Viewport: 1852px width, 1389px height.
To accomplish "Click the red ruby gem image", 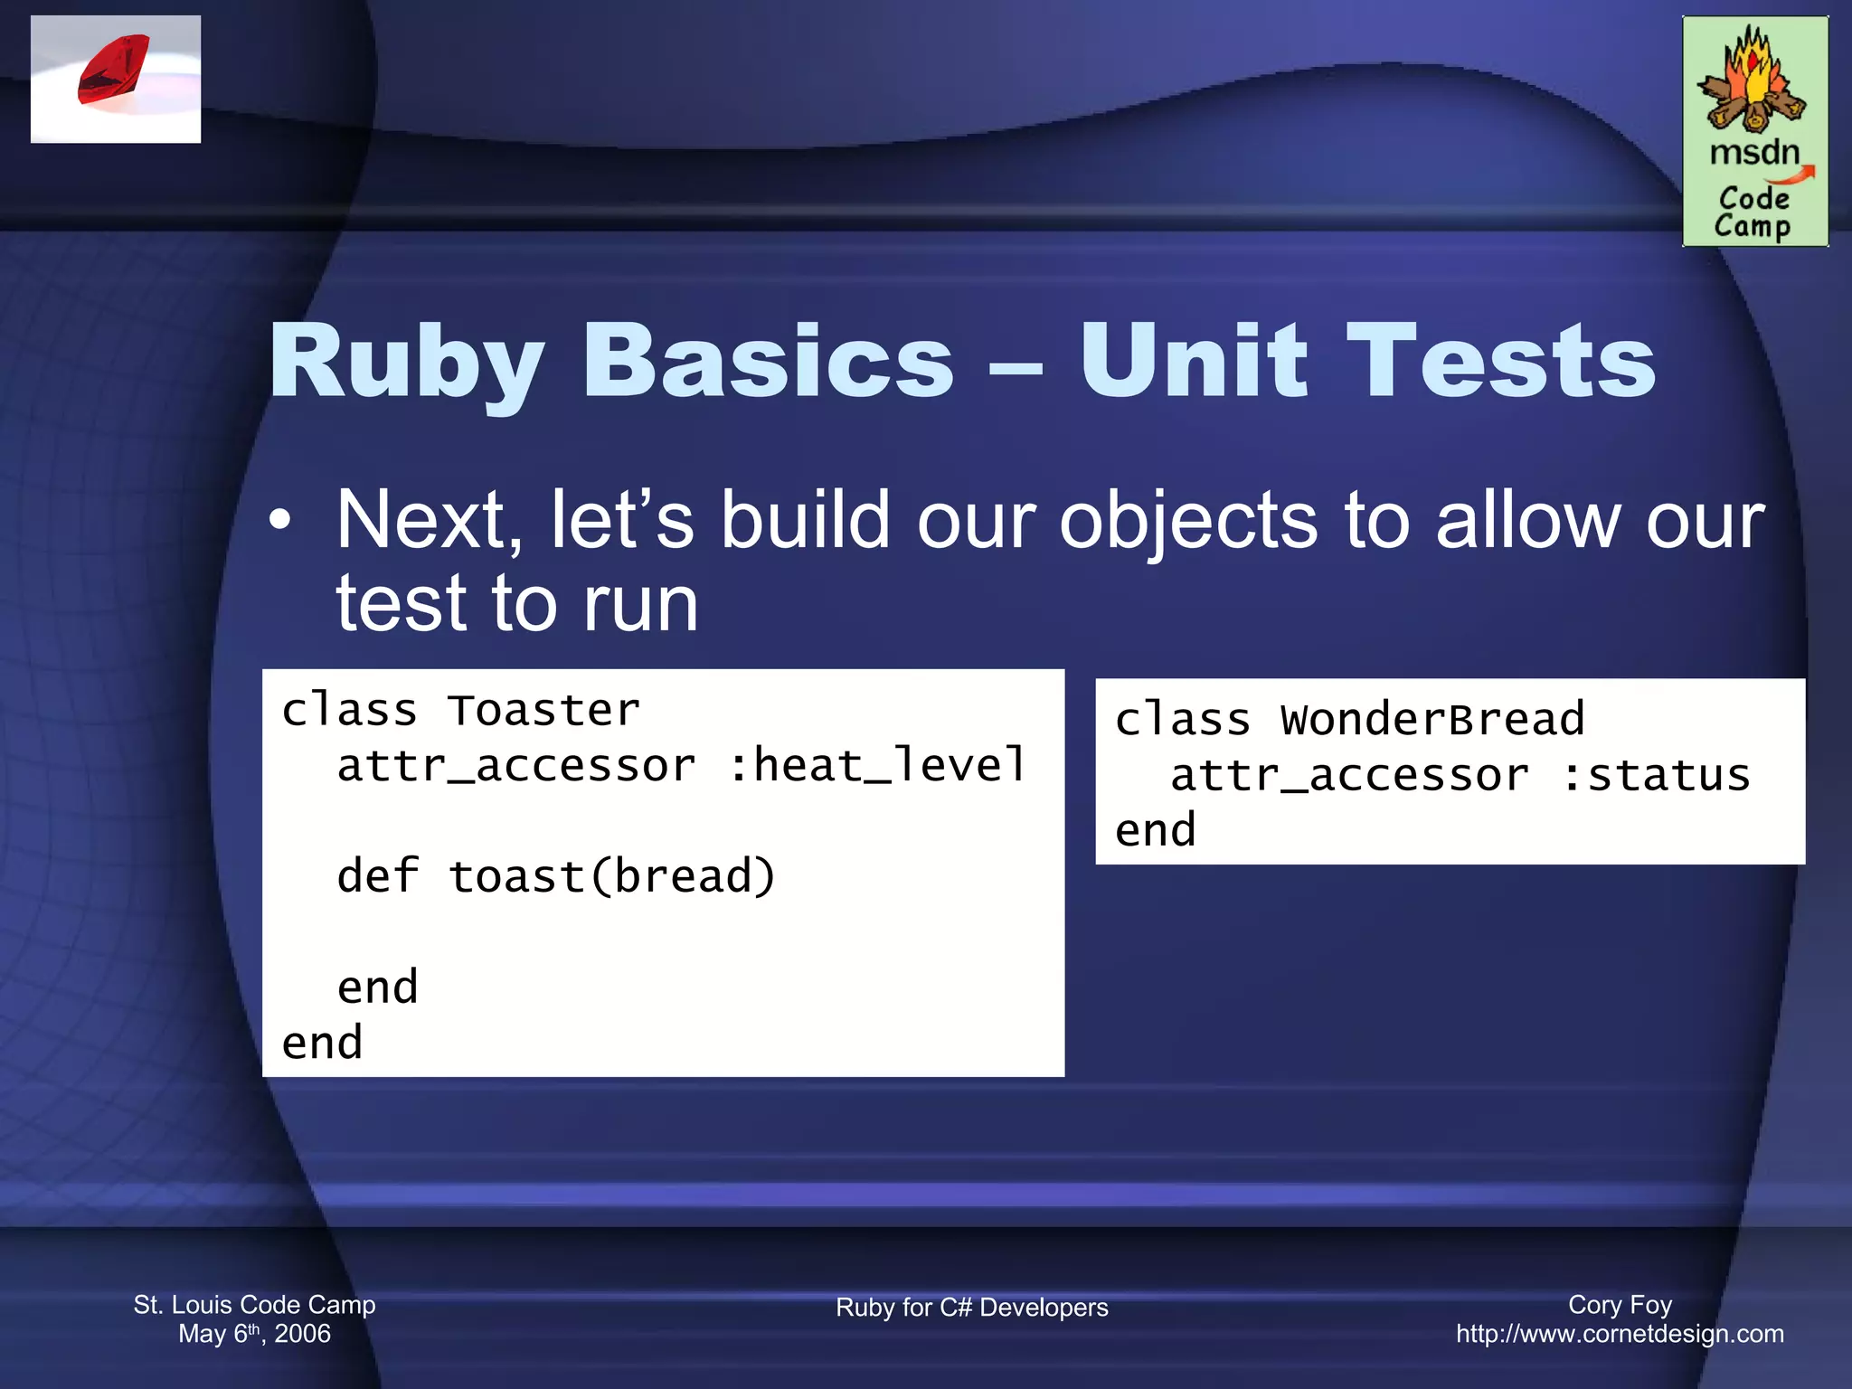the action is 114,71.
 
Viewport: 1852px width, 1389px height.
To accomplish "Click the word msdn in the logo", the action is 1753,153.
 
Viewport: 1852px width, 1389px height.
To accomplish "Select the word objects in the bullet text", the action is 1188,522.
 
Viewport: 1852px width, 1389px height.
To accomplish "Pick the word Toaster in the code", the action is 544,711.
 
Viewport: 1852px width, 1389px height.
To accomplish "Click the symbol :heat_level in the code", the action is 877,766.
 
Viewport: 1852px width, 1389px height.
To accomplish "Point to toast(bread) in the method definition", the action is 612,876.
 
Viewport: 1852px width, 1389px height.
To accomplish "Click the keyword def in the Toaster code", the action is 377,876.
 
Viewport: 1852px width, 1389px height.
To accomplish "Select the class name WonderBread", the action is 1432,720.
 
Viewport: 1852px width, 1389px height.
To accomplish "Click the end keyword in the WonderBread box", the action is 1155,831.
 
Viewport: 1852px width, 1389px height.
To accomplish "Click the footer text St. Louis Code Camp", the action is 254,1305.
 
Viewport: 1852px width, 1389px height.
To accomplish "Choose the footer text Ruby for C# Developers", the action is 971,1308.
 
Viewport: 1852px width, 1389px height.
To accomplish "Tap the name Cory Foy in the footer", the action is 1620,1305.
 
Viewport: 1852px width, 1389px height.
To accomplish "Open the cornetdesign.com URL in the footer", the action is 1620,1334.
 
